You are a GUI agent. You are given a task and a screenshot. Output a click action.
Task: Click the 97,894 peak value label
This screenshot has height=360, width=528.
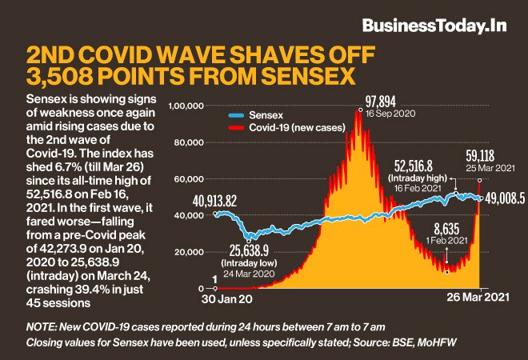[x=382, y=102]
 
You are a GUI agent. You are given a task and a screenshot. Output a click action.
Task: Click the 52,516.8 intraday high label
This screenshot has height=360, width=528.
[x=414, y=165]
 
